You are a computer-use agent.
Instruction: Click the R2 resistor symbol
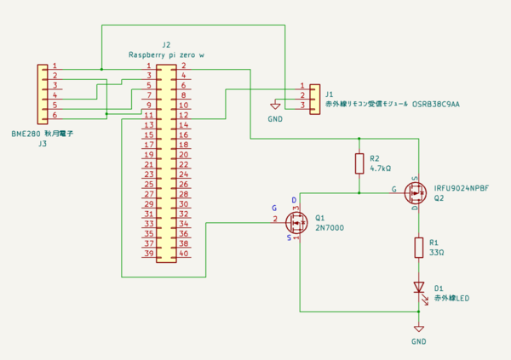[x=359, y=163]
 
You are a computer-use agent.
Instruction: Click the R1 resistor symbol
[x=418, y=247]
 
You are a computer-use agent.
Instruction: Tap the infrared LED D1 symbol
[x=418, y=288]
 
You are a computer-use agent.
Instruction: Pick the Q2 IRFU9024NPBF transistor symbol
[x=416, y=191]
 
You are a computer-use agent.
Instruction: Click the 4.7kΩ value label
[x=380, y=169]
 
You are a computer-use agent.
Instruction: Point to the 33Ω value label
[x=435, y=253]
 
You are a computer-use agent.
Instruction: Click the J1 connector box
[x=315, y=96]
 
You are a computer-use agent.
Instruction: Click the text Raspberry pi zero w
[x=166, y=54]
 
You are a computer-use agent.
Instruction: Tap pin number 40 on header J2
[x=183, y=254]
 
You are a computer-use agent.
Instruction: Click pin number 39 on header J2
[x=149, y=254]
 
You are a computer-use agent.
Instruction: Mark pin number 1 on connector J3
[x=55, y=66]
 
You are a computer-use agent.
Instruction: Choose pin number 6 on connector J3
[x=55, y=115]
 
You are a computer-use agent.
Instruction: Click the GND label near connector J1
[x=275, y=119]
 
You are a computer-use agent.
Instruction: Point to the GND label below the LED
[x=418, y=341]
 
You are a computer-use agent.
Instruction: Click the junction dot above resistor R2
[x=359, y=138]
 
